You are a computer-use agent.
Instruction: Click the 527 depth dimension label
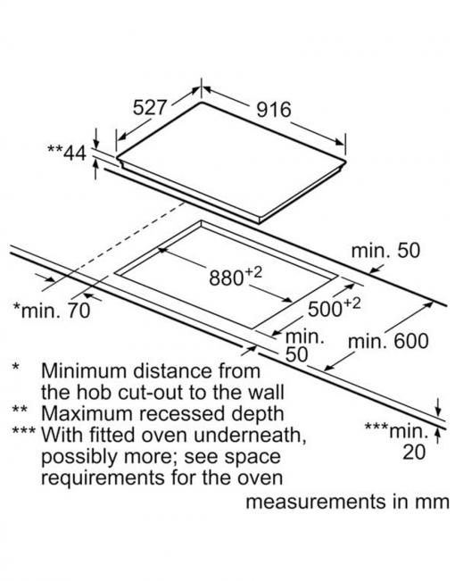pyautogui.click(x=150, y=108)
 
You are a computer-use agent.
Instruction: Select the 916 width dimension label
pyautogui.click(x=274, y=110)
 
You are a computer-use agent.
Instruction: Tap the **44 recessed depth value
pyautogui.click(x=67, y=153)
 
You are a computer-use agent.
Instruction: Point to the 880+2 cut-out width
pyautogui.click(x=236, y=276)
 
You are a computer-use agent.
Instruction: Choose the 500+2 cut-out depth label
pyautogui.click(x=334, y=307)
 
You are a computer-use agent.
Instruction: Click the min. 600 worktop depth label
pyautogui.click(x=388, y=341)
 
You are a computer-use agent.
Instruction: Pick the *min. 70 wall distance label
pyautogui.click(x=52, y=311)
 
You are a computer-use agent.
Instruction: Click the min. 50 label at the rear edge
pyautogui.click(x=385, y=251)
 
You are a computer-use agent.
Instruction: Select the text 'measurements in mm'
pyautogui.click(x=348, y=502)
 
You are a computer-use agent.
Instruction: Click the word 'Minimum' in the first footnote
pyautogui.click(x=85, y=370)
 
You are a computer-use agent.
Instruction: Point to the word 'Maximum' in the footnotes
pyautogui.click(x=87, y=413)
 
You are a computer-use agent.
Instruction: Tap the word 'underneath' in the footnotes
pyautogui.click(x=250, y=435)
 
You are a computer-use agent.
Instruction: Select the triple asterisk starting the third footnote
pyautogui.click(x=24, y=430)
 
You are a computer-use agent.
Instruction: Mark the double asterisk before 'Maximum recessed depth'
pyautogui.click(x=20, y=409)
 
